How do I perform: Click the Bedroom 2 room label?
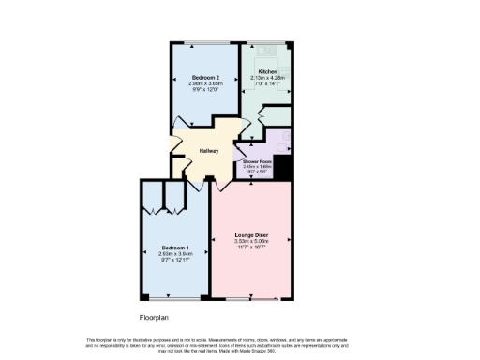(x=205, y=77)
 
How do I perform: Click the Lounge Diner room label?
(x=251, y=235)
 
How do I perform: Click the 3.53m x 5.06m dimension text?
(x=251, y=241)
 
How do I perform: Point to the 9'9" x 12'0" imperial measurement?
(x=205, y=89)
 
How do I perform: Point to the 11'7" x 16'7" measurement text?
(x=251, y=247)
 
